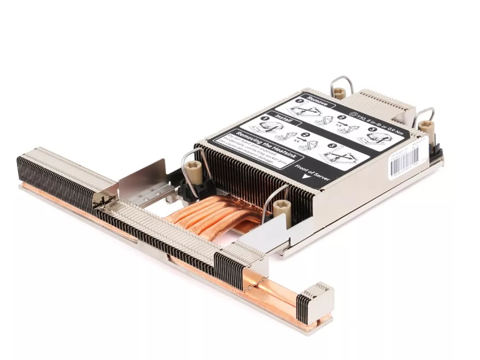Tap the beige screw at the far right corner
[425, 129]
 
